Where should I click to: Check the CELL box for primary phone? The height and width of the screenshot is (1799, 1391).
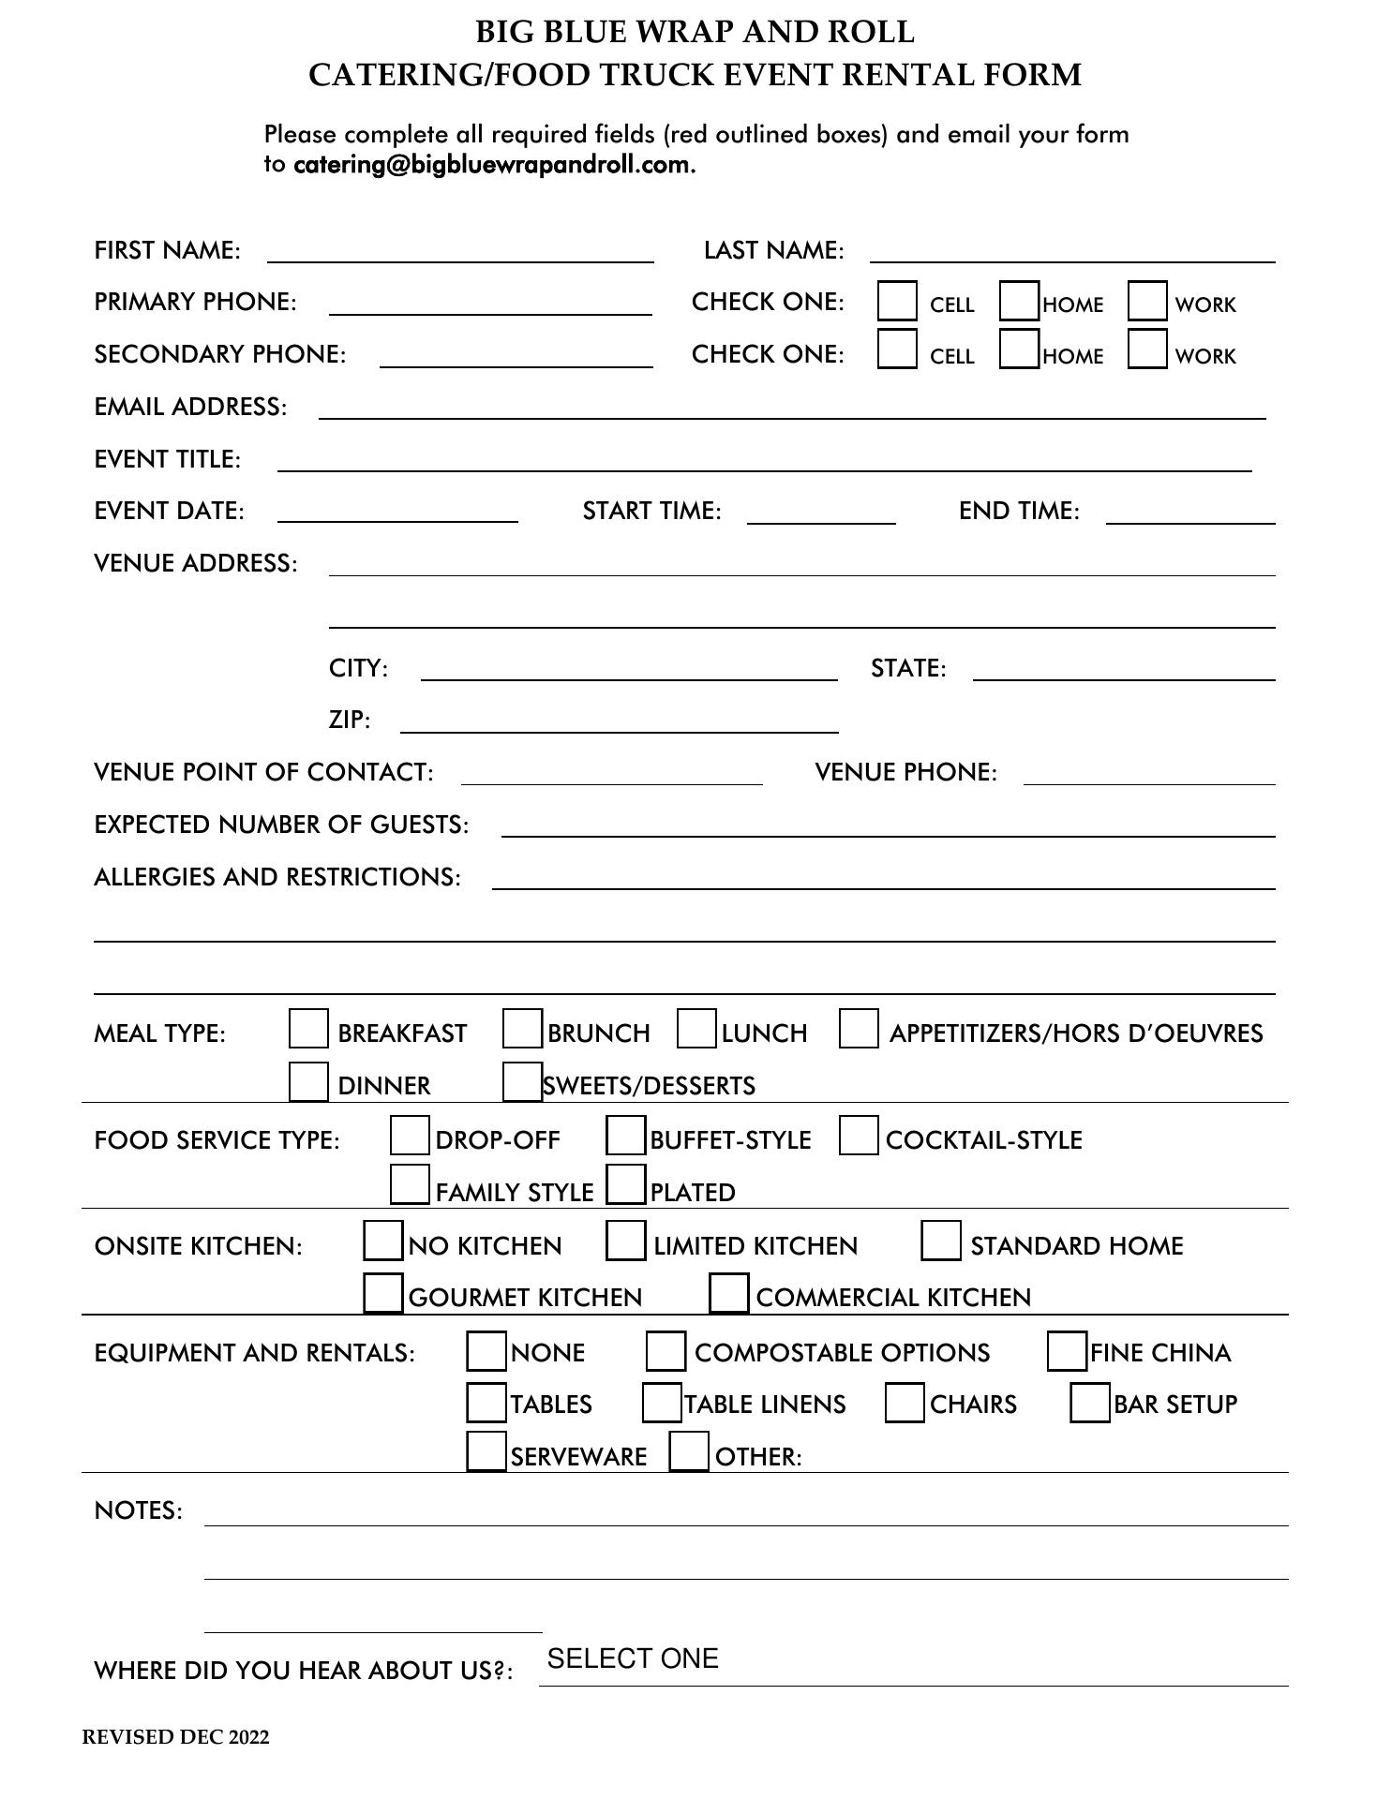pos(897,302)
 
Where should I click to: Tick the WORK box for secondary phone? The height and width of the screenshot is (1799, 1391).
pos(1147,349)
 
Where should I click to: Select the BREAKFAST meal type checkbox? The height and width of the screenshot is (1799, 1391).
pos(308,1029)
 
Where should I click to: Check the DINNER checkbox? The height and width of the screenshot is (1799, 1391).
pos(308,1081)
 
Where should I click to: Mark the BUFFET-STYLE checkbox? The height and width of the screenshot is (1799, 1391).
pos(625,1136)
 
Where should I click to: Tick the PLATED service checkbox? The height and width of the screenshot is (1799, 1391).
pos(625,1184)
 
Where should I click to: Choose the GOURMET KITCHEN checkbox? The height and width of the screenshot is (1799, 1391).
pos(382,1293)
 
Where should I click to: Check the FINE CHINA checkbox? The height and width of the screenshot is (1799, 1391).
pos(1067,1351)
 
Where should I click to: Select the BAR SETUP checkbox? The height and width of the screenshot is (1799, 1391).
pos(1090,1403)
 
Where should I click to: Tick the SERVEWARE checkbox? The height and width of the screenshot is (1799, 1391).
pos(486,1452)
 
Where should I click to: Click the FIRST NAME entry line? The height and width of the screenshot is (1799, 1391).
pos(460,251)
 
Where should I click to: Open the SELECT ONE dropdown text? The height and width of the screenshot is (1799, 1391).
pos(633,1658)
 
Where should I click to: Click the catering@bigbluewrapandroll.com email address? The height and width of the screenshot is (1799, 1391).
pos(492,165)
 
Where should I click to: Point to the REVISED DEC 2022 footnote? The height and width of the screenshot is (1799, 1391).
pos(175,1737)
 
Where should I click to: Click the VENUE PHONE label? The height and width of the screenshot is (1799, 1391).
pos(905,772)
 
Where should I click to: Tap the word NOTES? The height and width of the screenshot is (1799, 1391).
pos(138,1510)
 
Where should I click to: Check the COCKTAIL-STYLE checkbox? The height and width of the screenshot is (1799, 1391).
pos(859,1136)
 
